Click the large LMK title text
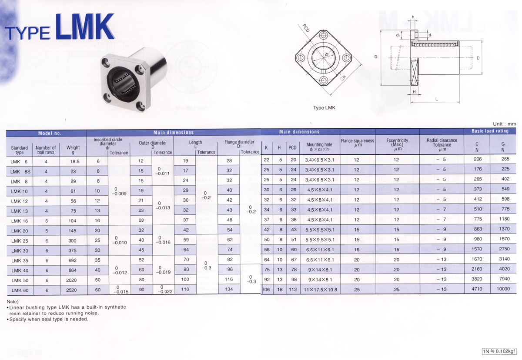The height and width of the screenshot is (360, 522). [85, 27]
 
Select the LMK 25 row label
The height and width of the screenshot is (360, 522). [20, 241]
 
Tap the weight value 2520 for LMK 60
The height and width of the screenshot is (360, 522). [71, 290]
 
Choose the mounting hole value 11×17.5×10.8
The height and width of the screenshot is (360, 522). [321, 290]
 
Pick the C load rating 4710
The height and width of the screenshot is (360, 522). [477, 289]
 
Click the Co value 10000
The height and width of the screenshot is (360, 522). [503, 289]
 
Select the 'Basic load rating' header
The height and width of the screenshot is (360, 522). [490, 131]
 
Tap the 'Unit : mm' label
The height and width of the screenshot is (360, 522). [504, 124]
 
